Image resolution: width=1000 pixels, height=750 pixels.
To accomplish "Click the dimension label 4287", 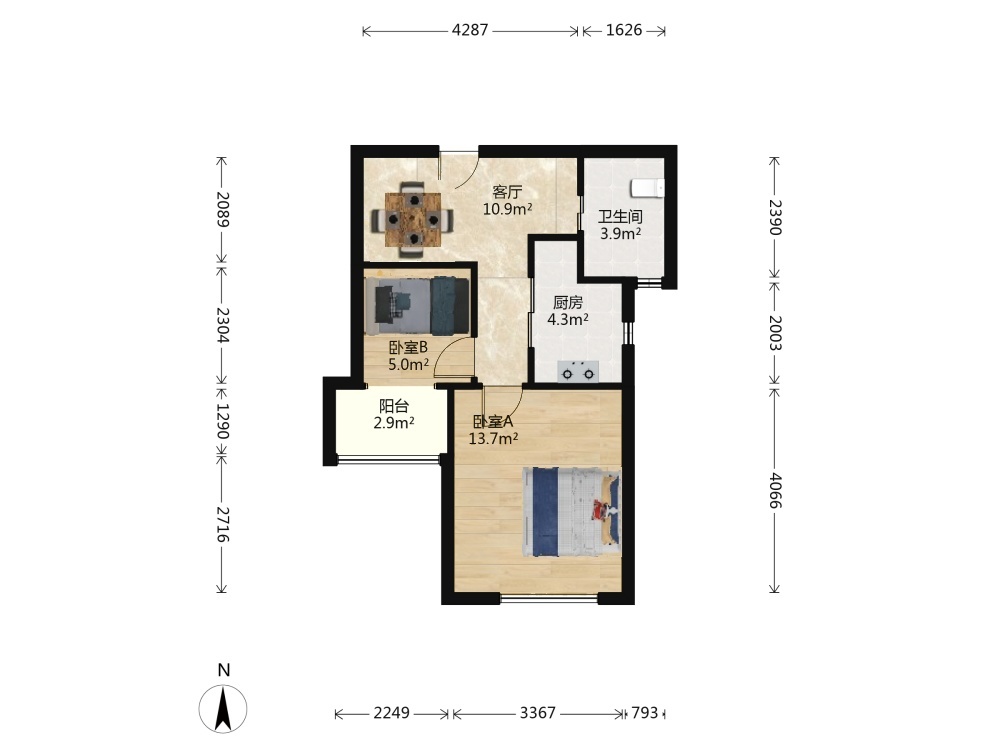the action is click(x=470, y=30).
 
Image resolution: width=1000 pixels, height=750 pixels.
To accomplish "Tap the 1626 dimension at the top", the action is click(x=624, y=30).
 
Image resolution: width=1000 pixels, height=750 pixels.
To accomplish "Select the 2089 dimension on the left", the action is click(x=222, y=209).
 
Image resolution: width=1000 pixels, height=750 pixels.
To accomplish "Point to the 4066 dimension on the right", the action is click(x=775, y=490).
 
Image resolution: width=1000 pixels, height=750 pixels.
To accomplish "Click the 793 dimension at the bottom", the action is click(x=644, y=712).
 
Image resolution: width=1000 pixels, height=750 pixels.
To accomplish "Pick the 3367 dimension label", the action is click(x=538, y=712).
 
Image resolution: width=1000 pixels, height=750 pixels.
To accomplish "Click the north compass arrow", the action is click(x=223, y=708).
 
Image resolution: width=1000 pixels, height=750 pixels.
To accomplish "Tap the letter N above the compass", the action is click(x=223, y=670).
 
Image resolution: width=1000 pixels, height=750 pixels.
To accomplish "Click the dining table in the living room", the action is click(x=413, y=219).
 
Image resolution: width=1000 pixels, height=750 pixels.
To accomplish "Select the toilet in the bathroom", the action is click(x=647, y=189).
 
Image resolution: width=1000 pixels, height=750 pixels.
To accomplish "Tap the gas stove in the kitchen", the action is click(x=578, y=371).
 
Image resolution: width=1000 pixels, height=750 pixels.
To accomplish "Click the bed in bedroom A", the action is click(x=571, y=512).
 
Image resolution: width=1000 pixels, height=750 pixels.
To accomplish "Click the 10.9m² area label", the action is click(x=508, y=209).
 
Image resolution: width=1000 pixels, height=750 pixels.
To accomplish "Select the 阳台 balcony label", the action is click(x=394, y=406).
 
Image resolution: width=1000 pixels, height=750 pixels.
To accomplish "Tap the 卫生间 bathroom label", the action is click(x=620, y=217).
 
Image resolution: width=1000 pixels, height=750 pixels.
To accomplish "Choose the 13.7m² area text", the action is click(x=493, y=438).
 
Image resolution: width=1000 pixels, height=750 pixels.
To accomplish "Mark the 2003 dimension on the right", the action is click(x=775, y=332).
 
